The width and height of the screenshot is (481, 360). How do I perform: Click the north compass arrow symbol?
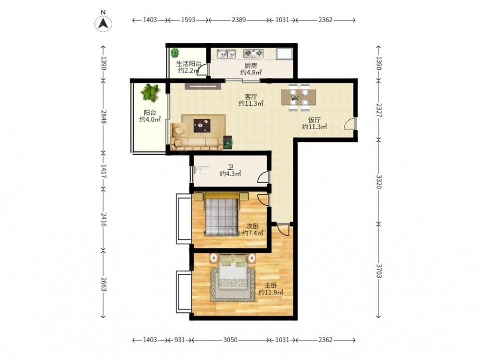103,23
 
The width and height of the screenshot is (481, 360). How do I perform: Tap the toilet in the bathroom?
202,170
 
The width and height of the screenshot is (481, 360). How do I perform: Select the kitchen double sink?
226,54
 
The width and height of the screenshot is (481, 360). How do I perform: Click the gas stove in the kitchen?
253,53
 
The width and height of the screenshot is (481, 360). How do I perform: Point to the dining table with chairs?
299,98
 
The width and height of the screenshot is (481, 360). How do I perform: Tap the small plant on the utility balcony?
175,53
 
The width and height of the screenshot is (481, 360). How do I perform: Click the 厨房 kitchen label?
251,65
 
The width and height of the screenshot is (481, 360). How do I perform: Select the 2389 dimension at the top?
239,20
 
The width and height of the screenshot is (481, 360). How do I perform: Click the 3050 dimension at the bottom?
230,340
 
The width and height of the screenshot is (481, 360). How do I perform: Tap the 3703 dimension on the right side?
379,271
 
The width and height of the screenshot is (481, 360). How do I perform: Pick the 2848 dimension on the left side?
103,117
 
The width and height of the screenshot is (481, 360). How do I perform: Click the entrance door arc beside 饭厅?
349,123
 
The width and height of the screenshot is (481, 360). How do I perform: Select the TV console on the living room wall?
203,86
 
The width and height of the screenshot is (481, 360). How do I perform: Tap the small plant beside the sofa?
228,142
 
